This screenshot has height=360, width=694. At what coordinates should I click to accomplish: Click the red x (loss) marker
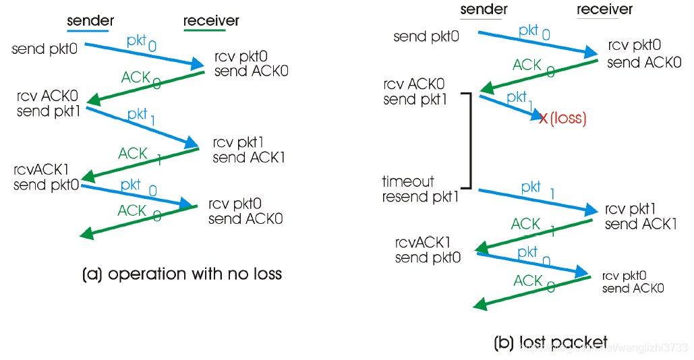[x=544, y=119]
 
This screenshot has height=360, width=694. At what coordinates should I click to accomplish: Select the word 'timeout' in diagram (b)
[x=408, y=181]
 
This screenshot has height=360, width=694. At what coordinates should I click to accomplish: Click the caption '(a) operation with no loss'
[x=181, y=274]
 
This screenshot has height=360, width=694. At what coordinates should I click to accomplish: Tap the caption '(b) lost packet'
[x=550, y=342]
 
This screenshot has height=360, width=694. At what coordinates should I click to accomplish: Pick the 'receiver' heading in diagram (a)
[x=211, y=20]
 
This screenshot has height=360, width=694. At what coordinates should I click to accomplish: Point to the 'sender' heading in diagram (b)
[x=483, y=9]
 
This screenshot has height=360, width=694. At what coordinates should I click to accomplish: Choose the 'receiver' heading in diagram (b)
[x=605, y=9]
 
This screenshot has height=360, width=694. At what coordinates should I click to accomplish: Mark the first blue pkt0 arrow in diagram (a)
[x=145, y=54]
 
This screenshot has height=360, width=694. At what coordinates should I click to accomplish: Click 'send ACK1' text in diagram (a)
[x=249, y=158]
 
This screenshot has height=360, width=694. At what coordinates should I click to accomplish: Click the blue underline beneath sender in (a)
[x=88, y=31]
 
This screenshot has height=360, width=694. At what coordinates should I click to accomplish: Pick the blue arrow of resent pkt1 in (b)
[x=533, y=200]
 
